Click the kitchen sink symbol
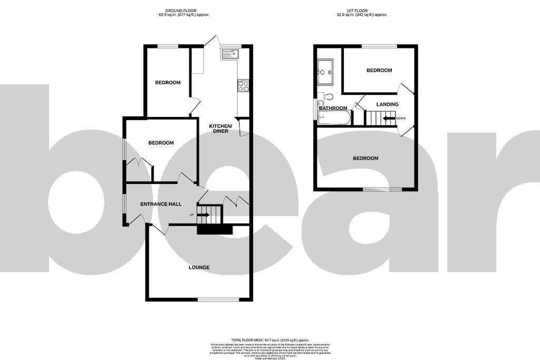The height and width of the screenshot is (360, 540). point(230,53)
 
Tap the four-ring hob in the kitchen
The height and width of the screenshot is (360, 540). point(243,86)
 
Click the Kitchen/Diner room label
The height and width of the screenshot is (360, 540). point(220,128)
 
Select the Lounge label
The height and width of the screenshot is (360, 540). point(199,267)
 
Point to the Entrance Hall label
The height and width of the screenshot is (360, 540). point(161,204)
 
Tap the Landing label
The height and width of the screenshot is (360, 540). point(387,104)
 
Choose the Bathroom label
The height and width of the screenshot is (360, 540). point(333,109)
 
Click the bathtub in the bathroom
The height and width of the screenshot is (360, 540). point(334,118)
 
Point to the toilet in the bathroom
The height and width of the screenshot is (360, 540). point(328,97)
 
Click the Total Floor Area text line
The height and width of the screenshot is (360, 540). point(269,340)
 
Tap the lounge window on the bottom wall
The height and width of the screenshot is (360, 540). point(218,299)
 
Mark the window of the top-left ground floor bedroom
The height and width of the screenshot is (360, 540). point(168,46)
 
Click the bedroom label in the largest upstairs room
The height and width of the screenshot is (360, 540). point(365,158)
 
